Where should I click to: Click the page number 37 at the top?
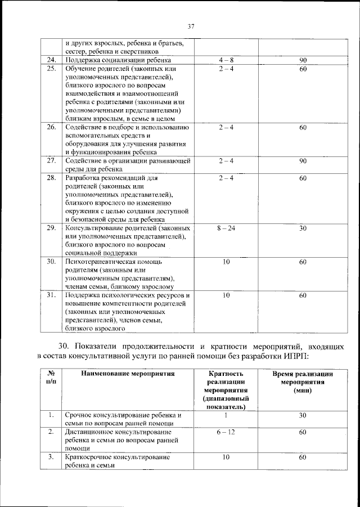(191, 25)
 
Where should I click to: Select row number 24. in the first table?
(52, 60)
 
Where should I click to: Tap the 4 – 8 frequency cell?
(225, 60)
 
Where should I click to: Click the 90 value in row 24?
(303, 60)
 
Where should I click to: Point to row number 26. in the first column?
(52, 127)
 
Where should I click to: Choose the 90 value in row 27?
(303, 161)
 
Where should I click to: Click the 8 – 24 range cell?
(225, 228)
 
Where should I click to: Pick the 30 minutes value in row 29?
(303, 228)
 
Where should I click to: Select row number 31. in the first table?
(52, 295)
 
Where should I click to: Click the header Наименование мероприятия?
(128, 373)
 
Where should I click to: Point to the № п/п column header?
(51, 377)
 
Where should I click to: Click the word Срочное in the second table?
(79, 415)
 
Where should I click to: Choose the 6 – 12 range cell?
(225, 432)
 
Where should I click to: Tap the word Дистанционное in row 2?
(91, 432)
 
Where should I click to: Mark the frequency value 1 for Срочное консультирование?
(225, 415)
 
